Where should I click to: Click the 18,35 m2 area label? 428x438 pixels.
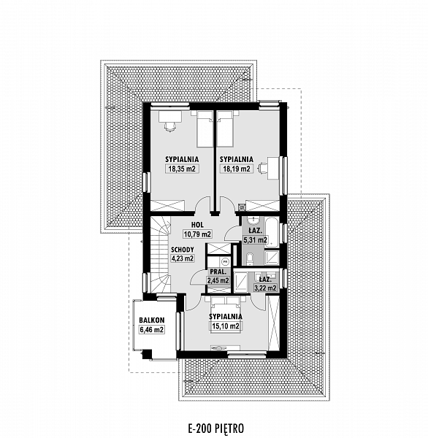click(x=183, y=169)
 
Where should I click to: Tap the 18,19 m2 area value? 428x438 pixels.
click(x=236, y=169)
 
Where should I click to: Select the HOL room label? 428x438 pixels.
click(x=197, y=225)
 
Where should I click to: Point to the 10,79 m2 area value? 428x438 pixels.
click(x=197, y=234)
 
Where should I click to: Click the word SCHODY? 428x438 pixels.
click(x=183, y=250)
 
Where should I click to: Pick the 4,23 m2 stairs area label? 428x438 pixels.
click(x=183, y=258)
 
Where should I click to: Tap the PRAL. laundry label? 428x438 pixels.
click(x=218, y=272)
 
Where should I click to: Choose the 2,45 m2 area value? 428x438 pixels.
click(x=218, y=280)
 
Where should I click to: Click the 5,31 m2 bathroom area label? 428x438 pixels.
click(x=255, y=239)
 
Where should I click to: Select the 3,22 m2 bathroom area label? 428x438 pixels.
click(x=265, y=288)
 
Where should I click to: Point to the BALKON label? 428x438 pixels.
click(x=152, y=320)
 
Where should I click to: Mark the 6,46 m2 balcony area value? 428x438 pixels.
click(x=152, y=330)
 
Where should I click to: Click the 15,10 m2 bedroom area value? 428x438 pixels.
click(x=226, y=326)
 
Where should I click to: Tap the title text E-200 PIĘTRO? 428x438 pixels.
click(x=216, y=429)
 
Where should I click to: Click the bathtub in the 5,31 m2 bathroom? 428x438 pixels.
click(x=272, y=233)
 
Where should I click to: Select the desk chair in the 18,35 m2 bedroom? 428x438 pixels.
click(x=170, y=126)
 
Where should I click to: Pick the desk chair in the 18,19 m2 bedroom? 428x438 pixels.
click(x=263, y=168)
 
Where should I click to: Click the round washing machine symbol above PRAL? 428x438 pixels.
click(x=225, y=262)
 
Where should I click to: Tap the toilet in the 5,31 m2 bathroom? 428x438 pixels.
click(x=251, y=258)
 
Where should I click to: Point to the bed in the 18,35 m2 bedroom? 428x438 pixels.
click(x=205, y=129)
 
